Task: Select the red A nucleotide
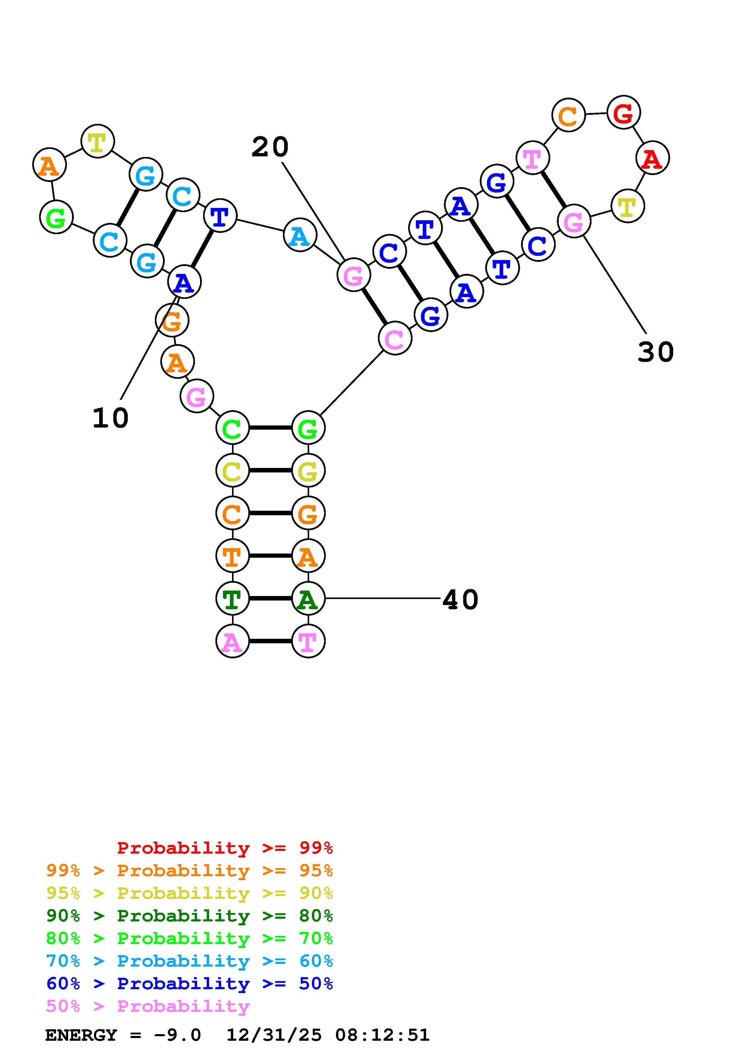pyautogui.click(x=652, y=158)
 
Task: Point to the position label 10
pyautogui.click(x=111, y=418)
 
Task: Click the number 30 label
pyautogui.click(x=655, y=352)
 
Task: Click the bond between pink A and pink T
pyautogui.click(x=271, y=641)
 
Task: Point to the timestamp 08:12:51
pyautogui.click(x=382, y=1035)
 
